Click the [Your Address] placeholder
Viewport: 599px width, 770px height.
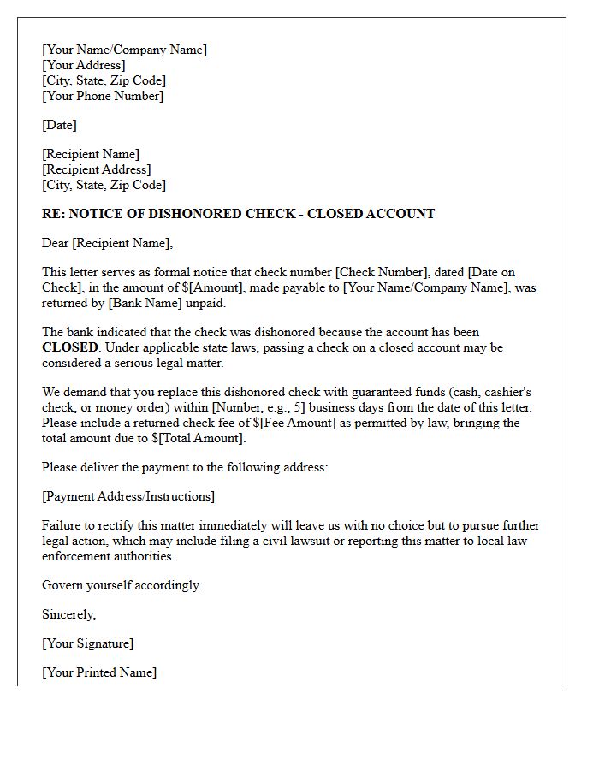pyautogui.click(x=84, y=65)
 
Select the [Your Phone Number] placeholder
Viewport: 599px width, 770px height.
pyautogui.click(x=103, y=96)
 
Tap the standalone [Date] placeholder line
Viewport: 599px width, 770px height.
pyautogui.click(x=60, y=125)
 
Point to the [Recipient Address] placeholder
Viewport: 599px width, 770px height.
pyautogui.click(x=97, y=169)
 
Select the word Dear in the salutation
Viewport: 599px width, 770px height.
pyautogui.click(x=56, y=243)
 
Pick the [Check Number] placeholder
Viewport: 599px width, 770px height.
pyautogui.click(x=383, y=272)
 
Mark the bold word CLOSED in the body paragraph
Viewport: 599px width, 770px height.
pyautogui.click(x=70, y=347)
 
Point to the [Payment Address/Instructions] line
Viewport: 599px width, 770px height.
pyautogui.click(x=128, y=496)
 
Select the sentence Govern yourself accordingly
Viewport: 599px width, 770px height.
pyautogui.click(x=122, y=585)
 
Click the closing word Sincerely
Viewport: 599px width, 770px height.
pyautogui.click(x=68, y=614)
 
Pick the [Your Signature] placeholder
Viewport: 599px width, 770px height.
pyautogui.click(x=88, y=643)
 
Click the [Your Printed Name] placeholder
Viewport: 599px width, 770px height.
pyautogui.click(x=99, y=672)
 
